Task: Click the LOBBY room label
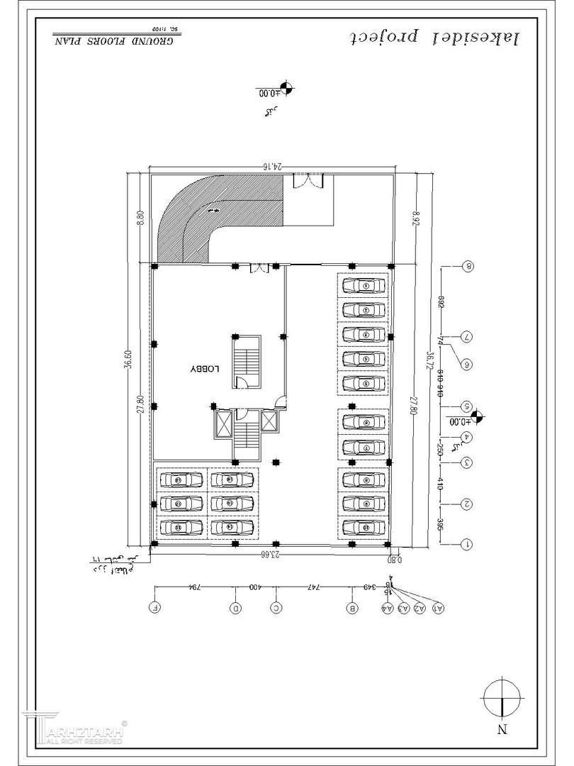(x=206, y=370)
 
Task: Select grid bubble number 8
(x=468, y=267)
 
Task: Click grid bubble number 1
(x=468, y=544)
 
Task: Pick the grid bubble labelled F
(x=155, y=608)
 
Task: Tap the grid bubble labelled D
(x=236, y=608)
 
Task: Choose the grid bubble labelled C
(x=276, y=608)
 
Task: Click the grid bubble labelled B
(x=352, y=608)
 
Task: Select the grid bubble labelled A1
(x=439, y=608)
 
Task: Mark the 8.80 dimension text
(x=140, y=216)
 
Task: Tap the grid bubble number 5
(x=468, y=407)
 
